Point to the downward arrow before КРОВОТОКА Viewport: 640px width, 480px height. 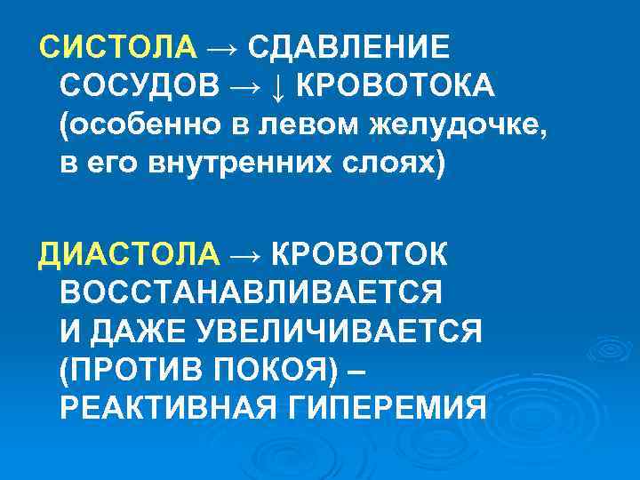pos(277,86)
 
